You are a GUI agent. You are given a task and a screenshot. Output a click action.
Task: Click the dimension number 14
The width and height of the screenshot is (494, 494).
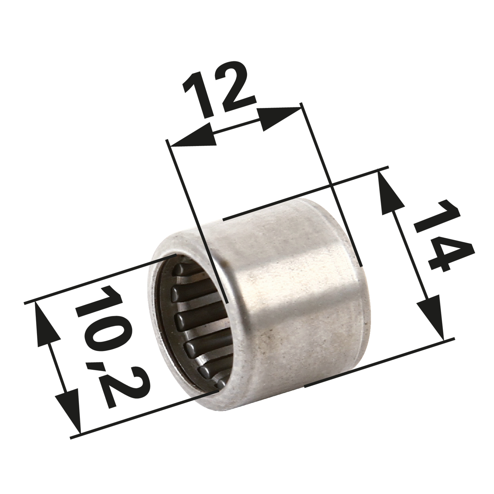[x=443, y=236]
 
